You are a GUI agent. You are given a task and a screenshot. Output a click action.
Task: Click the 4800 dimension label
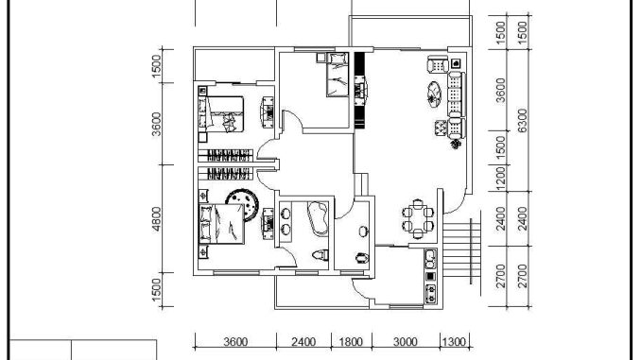(x=157, y=218)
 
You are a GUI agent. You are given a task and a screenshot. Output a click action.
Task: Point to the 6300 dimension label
(x=523, y=121)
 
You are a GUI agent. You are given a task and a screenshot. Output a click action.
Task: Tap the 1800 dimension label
(x=351, y=342)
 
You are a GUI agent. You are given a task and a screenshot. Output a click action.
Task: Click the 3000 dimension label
(x=406, y=342)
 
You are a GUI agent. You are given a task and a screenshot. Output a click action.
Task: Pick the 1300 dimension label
(x=454, y=342)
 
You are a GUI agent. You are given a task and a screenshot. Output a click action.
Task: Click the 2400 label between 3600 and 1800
(x=303, y=342)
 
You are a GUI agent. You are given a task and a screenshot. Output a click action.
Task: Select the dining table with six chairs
(x=417, y=219)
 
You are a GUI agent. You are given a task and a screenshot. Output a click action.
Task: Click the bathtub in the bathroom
(x=318, y=218)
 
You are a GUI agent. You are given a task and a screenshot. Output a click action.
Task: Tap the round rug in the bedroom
(x=242, y=204)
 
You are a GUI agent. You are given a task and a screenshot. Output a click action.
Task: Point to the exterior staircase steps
(x=461, y=251)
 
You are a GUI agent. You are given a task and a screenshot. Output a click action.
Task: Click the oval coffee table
(x=434, y=94)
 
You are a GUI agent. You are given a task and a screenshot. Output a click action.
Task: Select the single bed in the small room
(x=338, y=75)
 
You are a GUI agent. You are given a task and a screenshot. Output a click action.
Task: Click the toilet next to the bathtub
(x=320, y=255)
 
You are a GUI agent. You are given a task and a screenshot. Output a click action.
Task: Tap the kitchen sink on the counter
(x=430, y=259)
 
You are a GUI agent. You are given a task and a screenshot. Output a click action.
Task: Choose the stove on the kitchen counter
(x=430, y=294)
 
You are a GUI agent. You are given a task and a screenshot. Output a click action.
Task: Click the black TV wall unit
(x=359, y=91)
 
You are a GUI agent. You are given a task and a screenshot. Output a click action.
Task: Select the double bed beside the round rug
(x=221, y=224)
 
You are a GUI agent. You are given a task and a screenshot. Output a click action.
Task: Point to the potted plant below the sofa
(x=457, y=144)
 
